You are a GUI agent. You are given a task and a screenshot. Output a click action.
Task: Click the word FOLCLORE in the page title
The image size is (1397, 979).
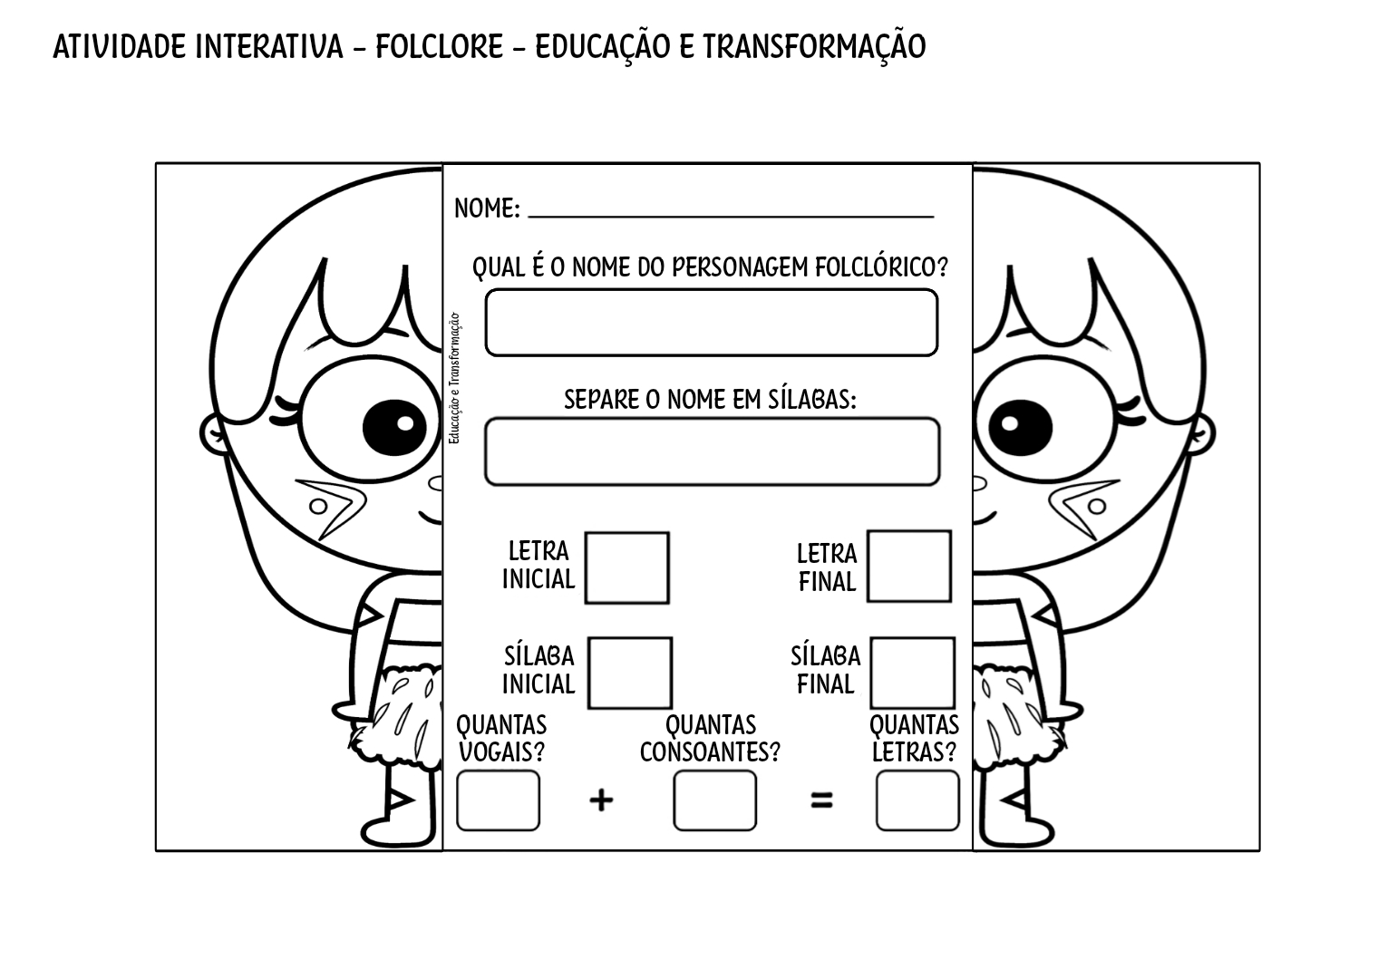pyautogui.click(x=439, y=46)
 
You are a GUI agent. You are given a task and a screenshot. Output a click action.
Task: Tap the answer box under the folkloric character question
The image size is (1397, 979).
pyautogui.click(x=711, y=323)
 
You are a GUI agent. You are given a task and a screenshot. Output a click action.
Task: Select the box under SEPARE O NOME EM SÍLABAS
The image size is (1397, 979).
pyautogui.click(x=712, y=451)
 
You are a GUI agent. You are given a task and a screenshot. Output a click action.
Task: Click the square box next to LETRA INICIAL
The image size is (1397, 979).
pyautogui.click(x=626, y=567)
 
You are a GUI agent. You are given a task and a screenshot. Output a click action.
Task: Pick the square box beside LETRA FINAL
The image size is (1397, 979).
pyautogui.click(x=908, y=567)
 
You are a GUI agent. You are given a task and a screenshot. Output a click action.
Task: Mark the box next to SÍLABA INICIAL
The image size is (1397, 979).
pyautogui.click(x=629, y=673)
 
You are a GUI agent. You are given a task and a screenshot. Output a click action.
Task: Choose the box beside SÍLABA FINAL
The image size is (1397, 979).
pyautogui.click(x=912, y=673)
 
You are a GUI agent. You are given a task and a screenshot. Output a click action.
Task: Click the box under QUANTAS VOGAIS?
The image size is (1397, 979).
pyautogui.click(x=498, y=800)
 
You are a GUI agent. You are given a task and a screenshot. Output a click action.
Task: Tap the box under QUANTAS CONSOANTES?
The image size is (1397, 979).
pyautogui.click(x=714, y=800)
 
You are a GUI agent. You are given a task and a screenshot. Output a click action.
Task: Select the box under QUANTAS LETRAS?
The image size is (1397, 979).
pyautogui.click(x=917, y=800)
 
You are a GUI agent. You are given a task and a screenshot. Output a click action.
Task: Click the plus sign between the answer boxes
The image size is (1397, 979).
pyautogui.click(x=601, y=800)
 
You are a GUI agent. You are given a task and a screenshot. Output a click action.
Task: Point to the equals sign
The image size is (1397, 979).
pyautogui.click(x=821, y=800)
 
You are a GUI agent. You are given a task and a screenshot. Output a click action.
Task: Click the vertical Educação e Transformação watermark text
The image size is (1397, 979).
pyautogui.click(x=453, y=379)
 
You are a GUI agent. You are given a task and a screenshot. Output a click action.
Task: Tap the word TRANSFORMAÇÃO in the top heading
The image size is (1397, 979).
pyautogui.click(x=813, y=46)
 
